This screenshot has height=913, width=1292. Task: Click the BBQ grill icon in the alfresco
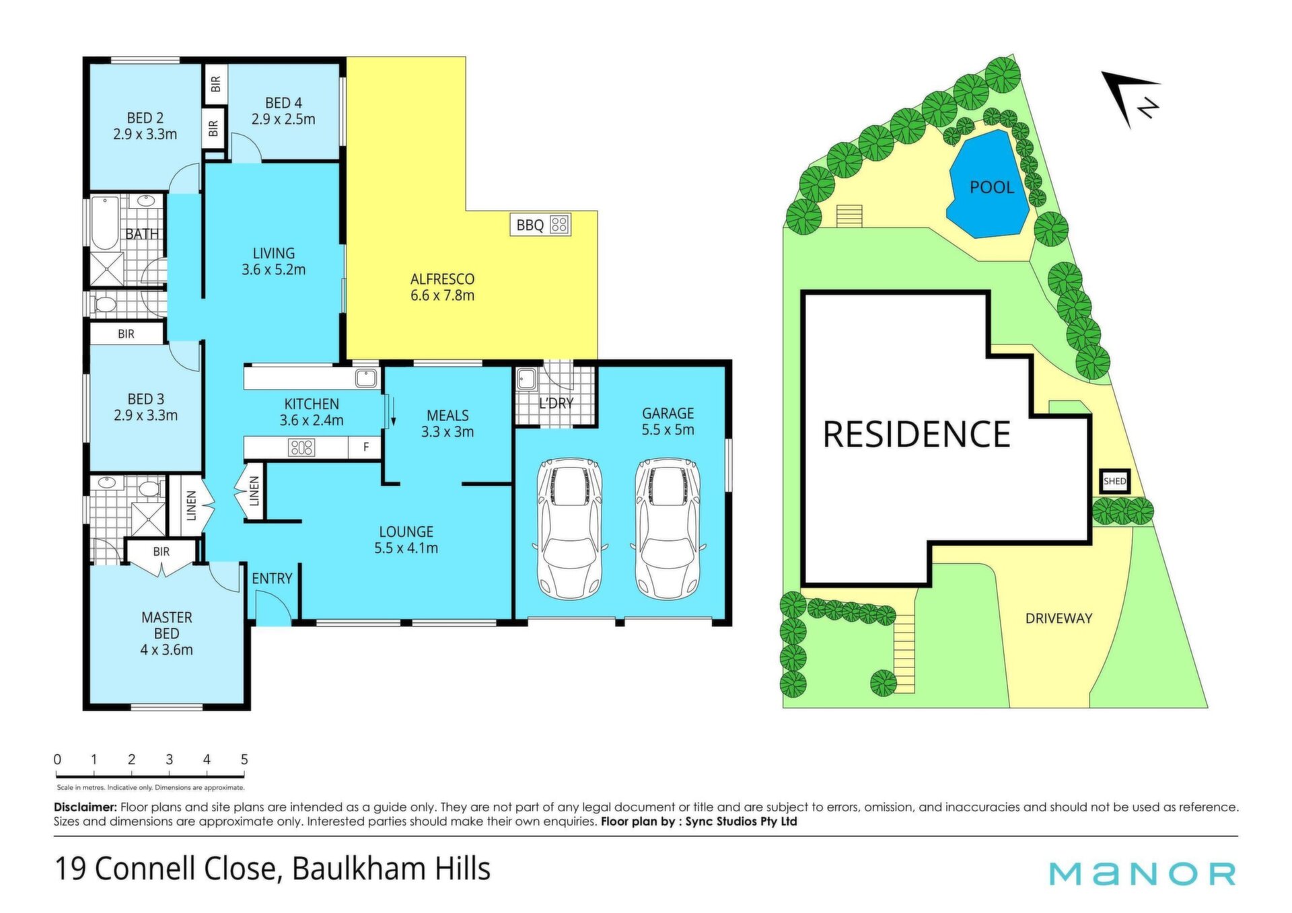pyautogui.click(x=559, y=224)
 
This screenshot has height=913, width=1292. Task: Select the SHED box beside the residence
pyautogui.click(x=1115, y=481)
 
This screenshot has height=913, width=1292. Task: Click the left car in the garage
pyautogui.click(x=570, y=528)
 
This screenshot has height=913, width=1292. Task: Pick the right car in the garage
pyautogui.click(x=668, y=528)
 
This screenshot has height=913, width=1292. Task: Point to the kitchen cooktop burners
pyautogui.click(x=301, y=447)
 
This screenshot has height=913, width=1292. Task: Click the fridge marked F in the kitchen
pyautogui.click(x=365, y=447)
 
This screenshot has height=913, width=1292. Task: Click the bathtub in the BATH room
pyautogui.click(x=104, y=223)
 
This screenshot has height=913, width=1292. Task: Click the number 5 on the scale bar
pyautogui.click(x=244, y=759)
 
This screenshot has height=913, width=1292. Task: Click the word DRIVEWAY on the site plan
pyautogui.click(x=1058, y=618)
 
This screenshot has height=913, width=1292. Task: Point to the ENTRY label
pyautogui.click(x=272, y=579)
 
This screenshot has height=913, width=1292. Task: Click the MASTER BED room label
pyautogui.click(x=166, y=625)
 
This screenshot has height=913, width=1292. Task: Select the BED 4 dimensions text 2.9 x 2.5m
pyautogui.click(x=283, y=119)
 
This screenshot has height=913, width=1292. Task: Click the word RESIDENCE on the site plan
pyautogui.click(x=917, y=434)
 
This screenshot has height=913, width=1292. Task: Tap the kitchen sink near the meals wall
pyautogui.click(x=366, y=377)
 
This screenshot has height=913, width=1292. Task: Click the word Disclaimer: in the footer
pyautogui.click(x=85, y=807)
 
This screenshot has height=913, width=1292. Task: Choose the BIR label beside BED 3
pyautogui.click(x=126, y=334)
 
